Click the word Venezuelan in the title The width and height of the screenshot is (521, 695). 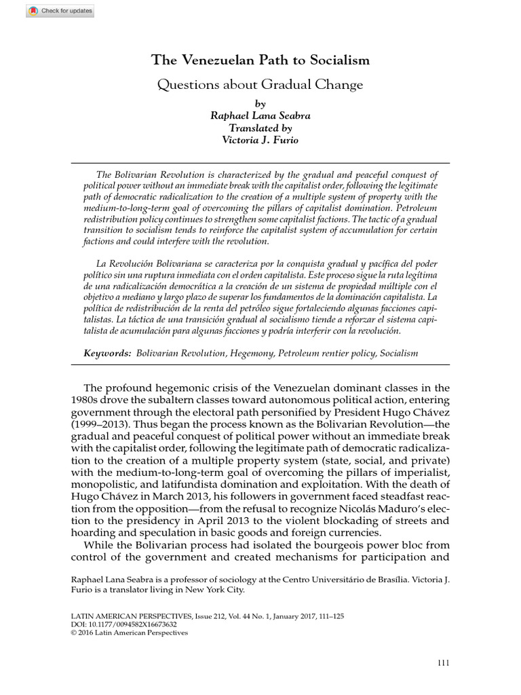point(214,60)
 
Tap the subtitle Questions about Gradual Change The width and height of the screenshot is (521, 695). point(260,85)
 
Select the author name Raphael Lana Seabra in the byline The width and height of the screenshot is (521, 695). point(260,115)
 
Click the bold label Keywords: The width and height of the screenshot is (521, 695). point(107,354)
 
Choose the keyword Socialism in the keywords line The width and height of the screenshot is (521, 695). point(399,354)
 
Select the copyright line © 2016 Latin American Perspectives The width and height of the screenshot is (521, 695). point(129,633)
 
